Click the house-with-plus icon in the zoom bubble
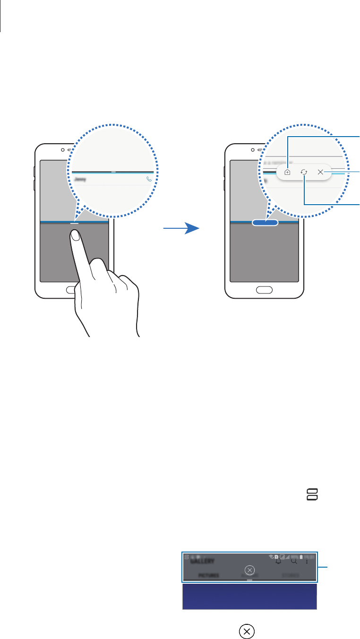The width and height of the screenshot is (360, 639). tap(287, 173)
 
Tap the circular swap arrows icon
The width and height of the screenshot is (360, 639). tap(304, 173)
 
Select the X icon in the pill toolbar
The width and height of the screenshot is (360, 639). tap(320, 173)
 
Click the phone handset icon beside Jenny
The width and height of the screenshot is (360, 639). tap(149, 179)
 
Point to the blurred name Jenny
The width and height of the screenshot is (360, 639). tap(80, 180)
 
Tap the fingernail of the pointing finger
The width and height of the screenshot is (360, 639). tap(75, 235)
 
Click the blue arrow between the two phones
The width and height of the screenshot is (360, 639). tap(181, 229)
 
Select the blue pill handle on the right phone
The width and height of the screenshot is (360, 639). tap(266, 222)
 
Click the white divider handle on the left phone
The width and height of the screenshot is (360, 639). tap(75, 221)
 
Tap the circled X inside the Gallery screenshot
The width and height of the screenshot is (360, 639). tap(250, 570)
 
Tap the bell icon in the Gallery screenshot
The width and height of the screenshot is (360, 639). tap(278, 561)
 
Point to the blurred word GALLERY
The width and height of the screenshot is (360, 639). tap(203, 561)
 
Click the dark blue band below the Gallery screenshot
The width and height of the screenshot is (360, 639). tap(249, 596)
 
